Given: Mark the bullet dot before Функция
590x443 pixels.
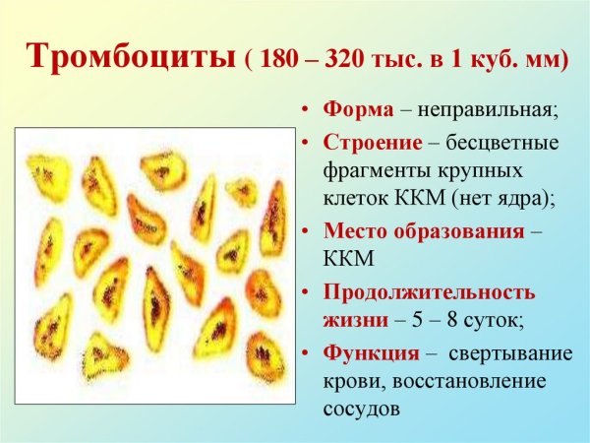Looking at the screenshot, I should tap(307, 352).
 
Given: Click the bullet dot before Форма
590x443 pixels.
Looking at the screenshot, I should tap(307, 109).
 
